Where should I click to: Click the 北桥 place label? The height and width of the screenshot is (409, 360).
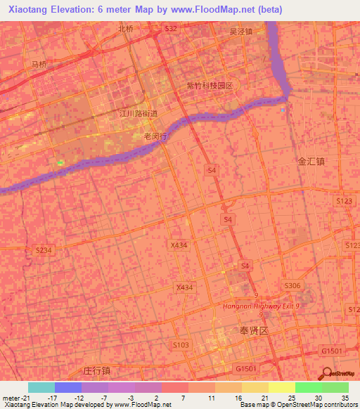(126, 29)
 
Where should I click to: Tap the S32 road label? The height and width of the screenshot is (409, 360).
(171, 28)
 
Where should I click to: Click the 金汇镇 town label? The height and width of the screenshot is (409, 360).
(311, 161)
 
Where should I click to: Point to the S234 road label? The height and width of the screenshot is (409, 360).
(44, 250)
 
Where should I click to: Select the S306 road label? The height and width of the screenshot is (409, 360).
(291, 285)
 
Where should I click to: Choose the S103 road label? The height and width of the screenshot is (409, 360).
(181, 344)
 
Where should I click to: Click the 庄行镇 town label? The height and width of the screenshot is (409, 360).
(97, 370)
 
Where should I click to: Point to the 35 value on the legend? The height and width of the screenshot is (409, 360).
(345, 398)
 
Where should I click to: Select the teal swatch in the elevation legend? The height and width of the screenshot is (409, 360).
(41, 387)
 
